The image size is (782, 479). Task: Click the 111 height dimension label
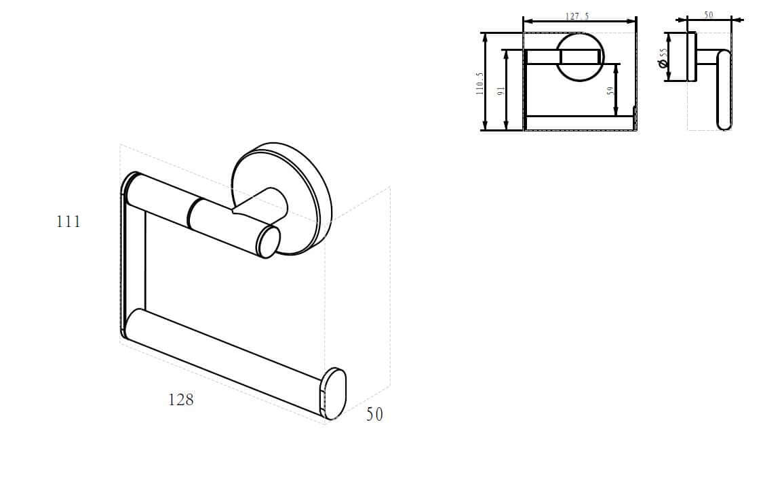pyautogui.click(x=69, y=221)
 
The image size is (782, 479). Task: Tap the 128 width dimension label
pyautogui.click(x=180, y=399)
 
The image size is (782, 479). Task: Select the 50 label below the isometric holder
pyautogui.click(x=374, y=414)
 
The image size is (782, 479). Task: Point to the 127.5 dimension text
pyautogui.click(x=577, y=16)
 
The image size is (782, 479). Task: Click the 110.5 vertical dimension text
pyautogui.click(x=480, y=83)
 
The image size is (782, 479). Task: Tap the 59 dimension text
pyautogui.click(x=610, y=91)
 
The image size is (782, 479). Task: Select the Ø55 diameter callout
pyautogui.click(x=663, y=58)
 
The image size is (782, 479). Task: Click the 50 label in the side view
pyautogui.click(x=709, y=15)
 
